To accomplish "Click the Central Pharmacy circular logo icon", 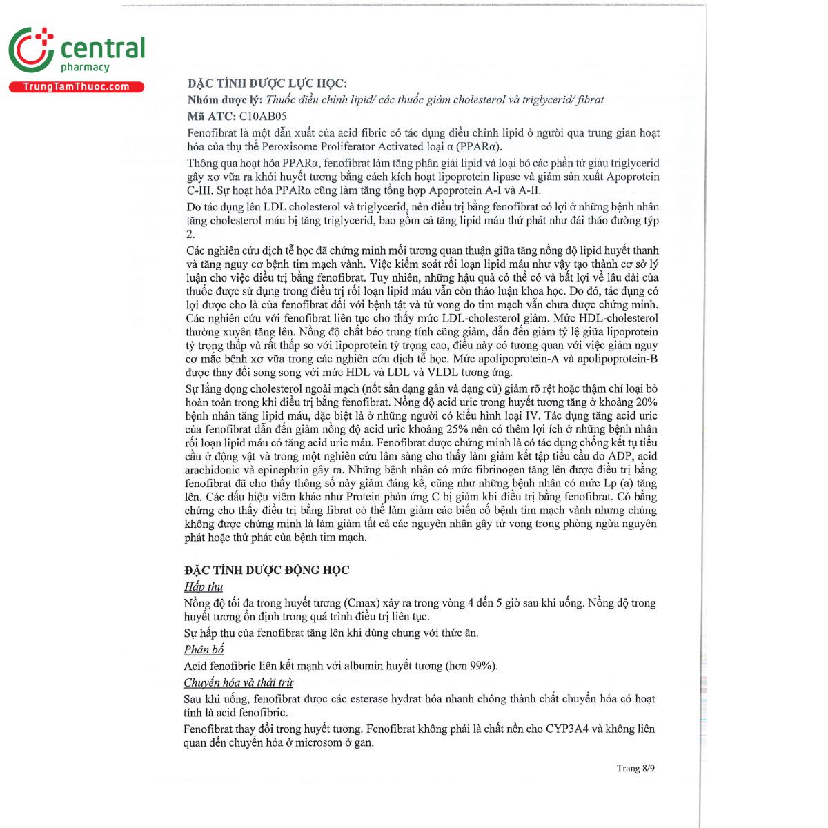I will click(x=31, y=50).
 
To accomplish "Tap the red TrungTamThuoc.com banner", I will click(x=76, y=87).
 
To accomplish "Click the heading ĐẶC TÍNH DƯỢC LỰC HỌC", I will click(x=267, y=83).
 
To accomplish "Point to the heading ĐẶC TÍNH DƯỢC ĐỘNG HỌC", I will click(x=266, y=570).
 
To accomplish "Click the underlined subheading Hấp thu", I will click(x=204, y=586).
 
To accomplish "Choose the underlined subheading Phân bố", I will click(x=204, y=649).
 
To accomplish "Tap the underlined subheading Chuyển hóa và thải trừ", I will click(x=238, y=682).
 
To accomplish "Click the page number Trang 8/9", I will click(x=635, y=768).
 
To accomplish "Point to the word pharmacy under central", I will click(x=85, y=68).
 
